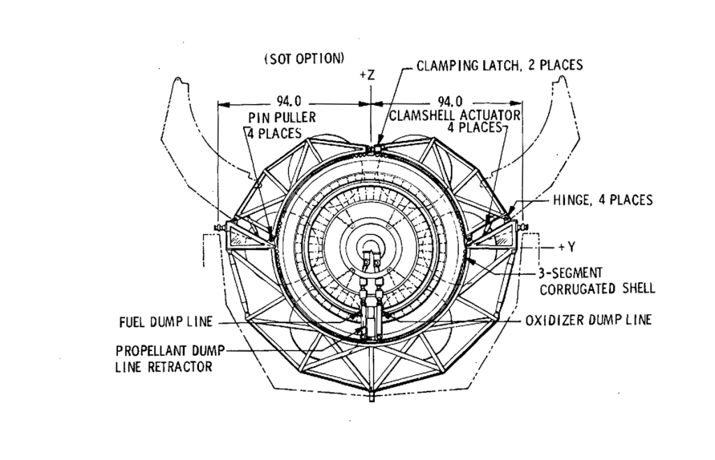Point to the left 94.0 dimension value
[x=288, y=101]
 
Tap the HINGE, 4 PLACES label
[x=602, y=200]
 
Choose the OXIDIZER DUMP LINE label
[x=588, y=320]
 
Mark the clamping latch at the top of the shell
[x=378, y=149]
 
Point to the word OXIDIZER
[x=549, y=320]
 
